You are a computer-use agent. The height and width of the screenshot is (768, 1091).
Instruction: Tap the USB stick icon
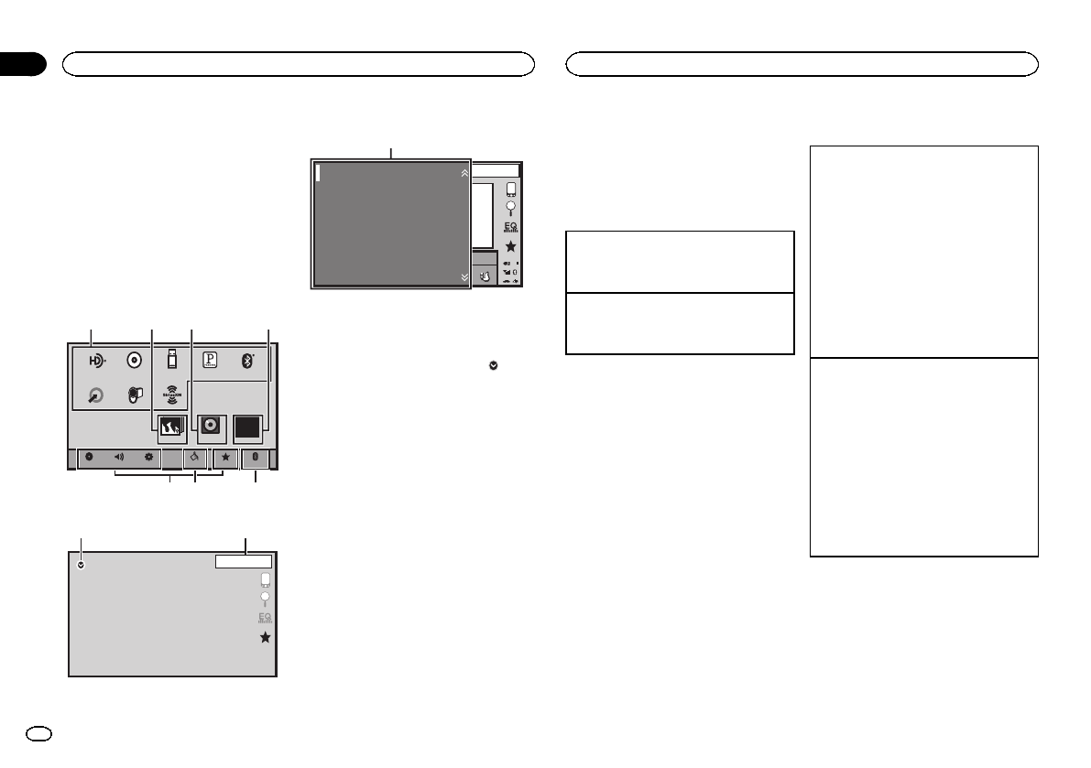tap(171, 359)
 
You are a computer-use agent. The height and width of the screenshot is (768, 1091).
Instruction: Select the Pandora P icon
tap(209, 359)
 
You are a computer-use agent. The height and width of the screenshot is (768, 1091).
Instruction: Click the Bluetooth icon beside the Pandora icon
tap(246, 359)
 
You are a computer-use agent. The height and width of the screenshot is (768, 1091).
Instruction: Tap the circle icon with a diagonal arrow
tap(95, 396)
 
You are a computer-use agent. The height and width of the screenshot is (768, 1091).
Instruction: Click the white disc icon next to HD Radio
tap(135, 359)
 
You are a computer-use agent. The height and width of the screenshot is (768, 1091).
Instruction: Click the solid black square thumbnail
tap(247, 427)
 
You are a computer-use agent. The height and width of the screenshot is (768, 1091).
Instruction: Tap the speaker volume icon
tap(119, 457)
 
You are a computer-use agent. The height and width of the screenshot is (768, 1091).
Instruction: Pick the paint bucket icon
tap(194, 457)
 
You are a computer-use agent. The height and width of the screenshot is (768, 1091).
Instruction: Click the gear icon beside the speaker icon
tap(147, 457)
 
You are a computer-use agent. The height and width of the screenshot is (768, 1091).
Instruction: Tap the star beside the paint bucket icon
tap(225, 457)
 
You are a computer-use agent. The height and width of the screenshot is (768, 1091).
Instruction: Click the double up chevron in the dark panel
tap(464, 171)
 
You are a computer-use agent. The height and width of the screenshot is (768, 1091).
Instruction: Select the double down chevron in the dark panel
tap(464, 276)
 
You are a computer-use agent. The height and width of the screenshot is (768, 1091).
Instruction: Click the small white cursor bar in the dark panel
tap(317, 173)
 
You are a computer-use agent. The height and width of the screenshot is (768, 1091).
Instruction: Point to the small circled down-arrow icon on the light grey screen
tap(82, 566)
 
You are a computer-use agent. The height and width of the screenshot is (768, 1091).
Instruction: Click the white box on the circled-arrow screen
tap(244, 562)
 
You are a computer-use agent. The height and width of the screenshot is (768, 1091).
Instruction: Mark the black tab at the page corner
tap(22, 64)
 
